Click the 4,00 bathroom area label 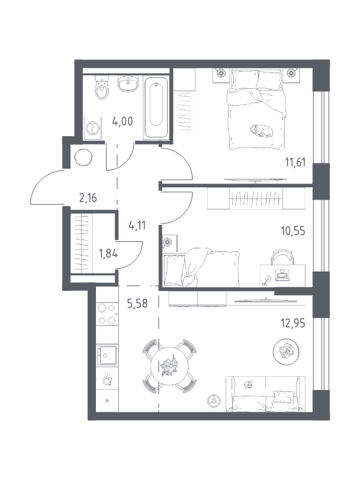[122, 122]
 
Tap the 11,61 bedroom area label [295, 162]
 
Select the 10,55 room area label [293, 231]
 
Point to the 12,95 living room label [293, 323]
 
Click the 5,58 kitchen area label [137, 304]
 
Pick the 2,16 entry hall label [88, 198]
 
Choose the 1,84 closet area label [108, 253]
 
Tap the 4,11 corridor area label [137, 226]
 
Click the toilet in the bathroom [102, 88]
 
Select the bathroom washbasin [128, 83]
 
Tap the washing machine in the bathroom [92, 128]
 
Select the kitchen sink [107, 355]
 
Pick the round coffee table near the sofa [286, 351]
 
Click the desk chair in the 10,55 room [282, 257]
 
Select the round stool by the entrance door [83, 157]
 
